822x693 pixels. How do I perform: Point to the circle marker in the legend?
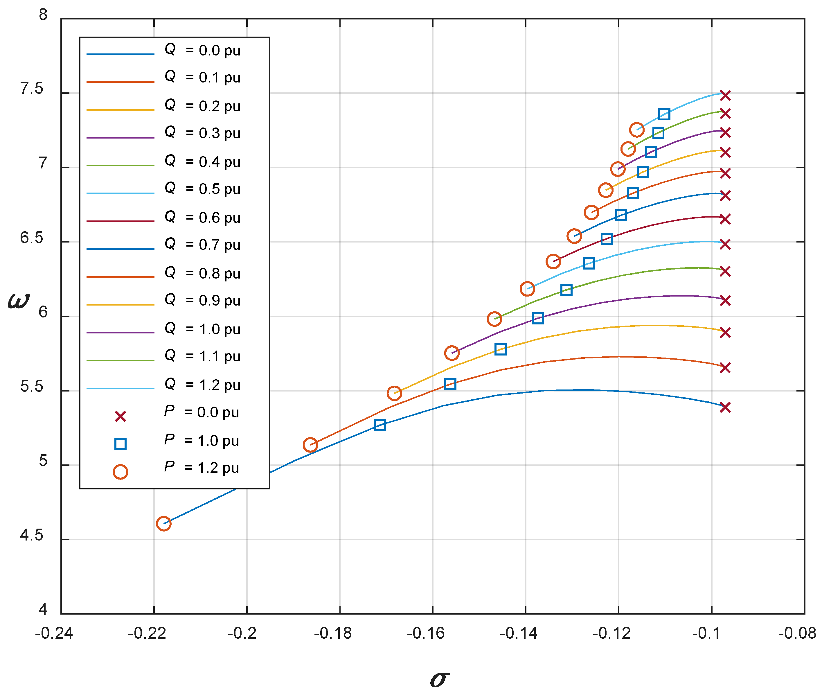click(x=120, y=472)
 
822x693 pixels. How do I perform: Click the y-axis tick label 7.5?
click(x=31, y=89)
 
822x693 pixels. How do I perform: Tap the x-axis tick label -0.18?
click(x=333, y=633)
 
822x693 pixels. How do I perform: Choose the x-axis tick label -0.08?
click(x=797, y=633)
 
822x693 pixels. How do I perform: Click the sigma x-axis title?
click(x=440, y=678)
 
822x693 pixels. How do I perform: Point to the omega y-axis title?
click(x=19, y=302)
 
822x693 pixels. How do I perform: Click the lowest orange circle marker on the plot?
click(x=163, y=524)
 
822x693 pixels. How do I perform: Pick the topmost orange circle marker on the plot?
click(x=637, y=130)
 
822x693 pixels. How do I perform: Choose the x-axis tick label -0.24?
click(x=54, y=633)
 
